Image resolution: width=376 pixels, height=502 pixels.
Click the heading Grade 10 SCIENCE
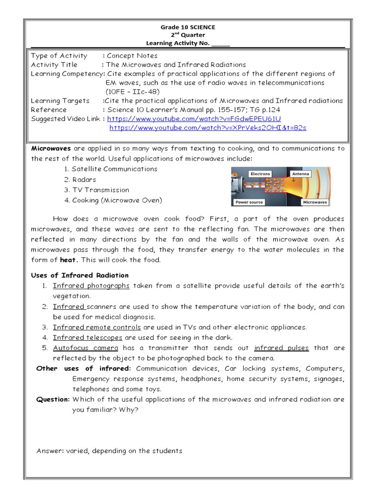(188, 27)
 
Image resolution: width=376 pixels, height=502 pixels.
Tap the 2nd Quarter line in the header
(188, 35)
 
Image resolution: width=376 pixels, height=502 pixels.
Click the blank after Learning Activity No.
(220, 44)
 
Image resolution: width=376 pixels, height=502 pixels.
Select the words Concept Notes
(132, 56)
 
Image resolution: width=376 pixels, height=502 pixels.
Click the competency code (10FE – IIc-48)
(133, 92)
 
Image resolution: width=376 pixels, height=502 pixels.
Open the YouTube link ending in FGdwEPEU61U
(194, 119)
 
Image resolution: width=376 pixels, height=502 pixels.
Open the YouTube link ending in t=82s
(208, 127)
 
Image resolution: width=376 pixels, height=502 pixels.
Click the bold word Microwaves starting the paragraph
(51, 148)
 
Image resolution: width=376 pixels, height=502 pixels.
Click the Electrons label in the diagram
(260, 174)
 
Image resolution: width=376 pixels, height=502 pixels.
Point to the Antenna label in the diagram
(300, 174)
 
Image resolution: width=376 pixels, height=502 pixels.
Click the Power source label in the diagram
(249, 202)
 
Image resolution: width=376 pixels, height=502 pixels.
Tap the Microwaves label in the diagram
(315, 202)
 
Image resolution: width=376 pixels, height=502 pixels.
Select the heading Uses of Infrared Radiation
(80, 276)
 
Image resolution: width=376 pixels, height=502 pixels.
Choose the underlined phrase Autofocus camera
(86, 348)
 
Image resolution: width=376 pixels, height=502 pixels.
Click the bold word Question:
(53, 400)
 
